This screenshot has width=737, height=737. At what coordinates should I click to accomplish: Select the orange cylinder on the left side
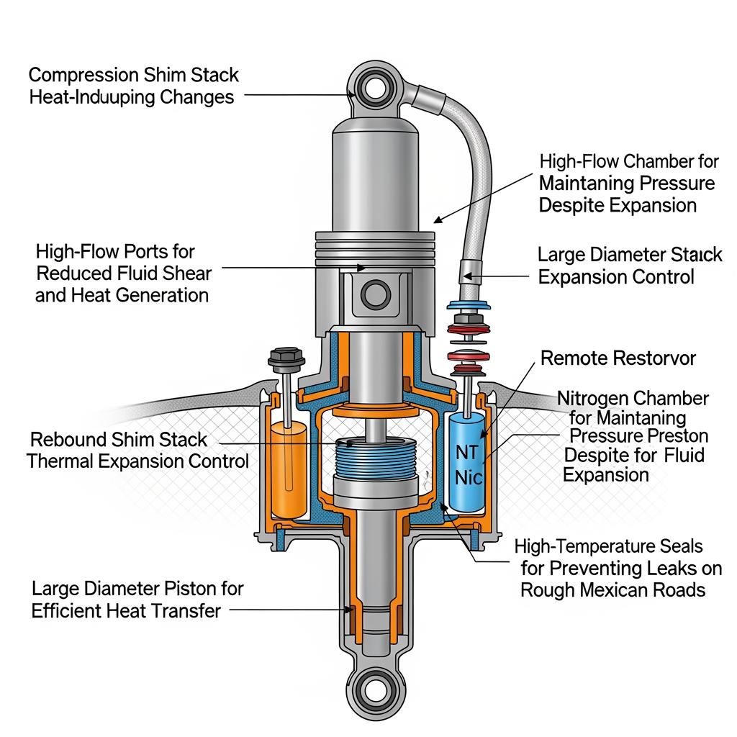pos(288,468)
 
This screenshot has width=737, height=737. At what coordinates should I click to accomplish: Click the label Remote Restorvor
pos(618,358)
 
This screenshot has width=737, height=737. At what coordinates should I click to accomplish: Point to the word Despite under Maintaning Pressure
pos(571,205)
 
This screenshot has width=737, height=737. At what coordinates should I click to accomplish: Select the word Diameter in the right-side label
pos(628,255)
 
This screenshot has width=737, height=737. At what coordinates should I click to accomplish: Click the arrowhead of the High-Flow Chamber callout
pos(435,221)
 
